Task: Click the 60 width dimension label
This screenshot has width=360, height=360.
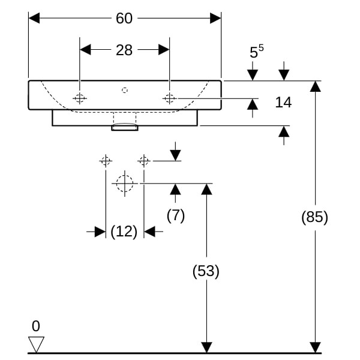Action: click(x=124, y=19)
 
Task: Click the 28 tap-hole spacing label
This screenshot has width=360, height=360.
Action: click(x=124, y=50)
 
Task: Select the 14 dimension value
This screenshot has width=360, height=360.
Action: click(x=283, y=102)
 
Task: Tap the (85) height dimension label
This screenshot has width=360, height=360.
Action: click(x=314, y=217)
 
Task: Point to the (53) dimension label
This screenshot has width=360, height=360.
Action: click(x=206, y=271)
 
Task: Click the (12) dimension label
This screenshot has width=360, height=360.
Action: click(x=124, y=231)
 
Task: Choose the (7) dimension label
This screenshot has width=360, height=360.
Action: click(x=175, y=215)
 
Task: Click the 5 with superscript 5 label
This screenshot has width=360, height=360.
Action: click(x=256, y=53)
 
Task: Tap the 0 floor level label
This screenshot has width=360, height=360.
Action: click(x=36, y=326)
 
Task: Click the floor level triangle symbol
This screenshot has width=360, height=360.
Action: click(x=36, y=343)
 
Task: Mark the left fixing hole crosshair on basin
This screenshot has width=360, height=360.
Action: click(x=80, y=98)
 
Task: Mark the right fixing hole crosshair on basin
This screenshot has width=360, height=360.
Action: click(x=169, y=98)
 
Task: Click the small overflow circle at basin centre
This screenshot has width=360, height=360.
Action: click(x=124, y=90)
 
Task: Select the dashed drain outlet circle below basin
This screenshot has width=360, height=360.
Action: click(x=124, y=183)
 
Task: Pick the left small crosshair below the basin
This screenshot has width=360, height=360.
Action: click(x=106, y=161)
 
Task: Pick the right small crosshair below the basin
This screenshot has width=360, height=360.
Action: click(x=143, y=161)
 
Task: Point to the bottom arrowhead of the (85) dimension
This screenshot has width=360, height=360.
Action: click(x=314, y=347)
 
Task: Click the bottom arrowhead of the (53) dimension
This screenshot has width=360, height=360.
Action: click(x=206, y=347)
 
